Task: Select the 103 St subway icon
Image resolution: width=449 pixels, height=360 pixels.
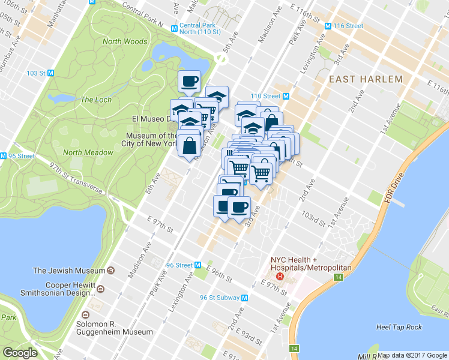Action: pos(51,73)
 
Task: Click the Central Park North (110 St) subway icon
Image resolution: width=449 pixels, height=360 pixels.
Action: pos(173,26)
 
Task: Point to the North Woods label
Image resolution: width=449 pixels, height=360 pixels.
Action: pos(124,41)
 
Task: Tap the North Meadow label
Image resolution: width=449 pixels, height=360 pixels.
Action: pos(88,152)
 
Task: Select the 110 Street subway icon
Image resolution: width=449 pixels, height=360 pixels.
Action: pos(286,96)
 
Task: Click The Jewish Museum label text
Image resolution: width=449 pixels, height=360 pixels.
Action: pos(68,270)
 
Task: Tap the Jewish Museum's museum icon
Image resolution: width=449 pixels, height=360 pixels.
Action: pos(110,270)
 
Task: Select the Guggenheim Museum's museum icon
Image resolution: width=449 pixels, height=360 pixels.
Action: pos(85,315)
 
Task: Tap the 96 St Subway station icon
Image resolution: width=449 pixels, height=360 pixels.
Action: pos(245,298)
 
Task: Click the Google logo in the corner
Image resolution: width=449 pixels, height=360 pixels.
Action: pos(20,353)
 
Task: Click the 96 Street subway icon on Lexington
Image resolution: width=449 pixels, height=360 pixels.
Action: pos(197,265)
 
